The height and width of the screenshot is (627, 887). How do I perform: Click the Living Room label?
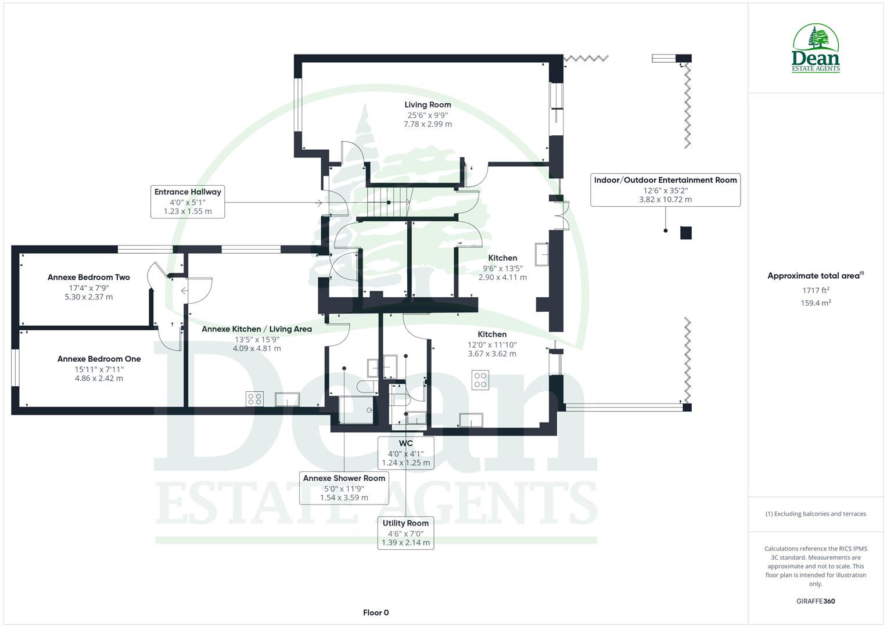pos(428,105)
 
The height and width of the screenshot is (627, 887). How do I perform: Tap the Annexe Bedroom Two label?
pos(89,278)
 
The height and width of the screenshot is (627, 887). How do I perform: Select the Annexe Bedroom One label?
pos(99,359)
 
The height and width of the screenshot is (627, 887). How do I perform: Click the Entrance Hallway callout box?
pos(188,201)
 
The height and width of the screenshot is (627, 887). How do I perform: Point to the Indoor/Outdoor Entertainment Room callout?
pos(665,189)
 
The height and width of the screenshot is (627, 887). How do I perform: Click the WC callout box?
pos(405,453)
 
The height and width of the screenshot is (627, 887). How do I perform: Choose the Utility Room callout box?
pos(405,533)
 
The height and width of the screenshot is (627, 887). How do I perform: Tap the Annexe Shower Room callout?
pos(344,488)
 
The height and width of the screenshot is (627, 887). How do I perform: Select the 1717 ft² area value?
pos(816,290)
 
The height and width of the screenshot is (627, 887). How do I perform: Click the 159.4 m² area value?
pos(816,303)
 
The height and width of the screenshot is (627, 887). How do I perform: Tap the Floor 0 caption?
pos(376,612)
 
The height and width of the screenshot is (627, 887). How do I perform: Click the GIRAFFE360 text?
pos(816,601)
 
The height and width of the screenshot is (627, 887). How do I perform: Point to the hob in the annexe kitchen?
pos(254,399)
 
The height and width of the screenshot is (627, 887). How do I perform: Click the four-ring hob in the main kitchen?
pos(480,380)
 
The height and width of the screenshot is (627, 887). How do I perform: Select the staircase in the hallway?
pos(388,202)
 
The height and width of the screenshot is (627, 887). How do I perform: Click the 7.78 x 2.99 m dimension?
pos(428,124)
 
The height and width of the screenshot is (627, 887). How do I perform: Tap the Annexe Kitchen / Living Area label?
pos(257,329)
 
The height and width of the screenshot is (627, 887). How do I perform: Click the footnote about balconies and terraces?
pos(816,514)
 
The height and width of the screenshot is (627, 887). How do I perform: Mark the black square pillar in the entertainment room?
pos(686,233)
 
